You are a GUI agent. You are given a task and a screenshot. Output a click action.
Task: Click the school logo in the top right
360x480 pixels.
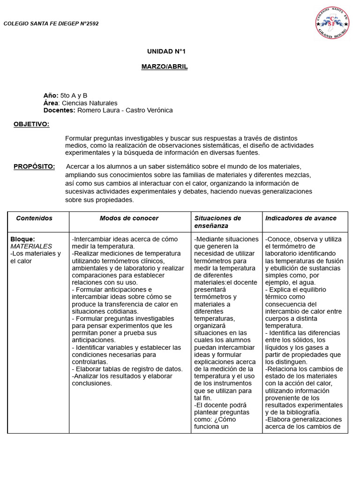(332, 23)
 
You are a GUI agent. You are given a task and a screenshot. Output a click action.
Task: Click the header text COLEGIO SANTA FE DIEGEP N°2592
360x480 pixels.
(51, 23)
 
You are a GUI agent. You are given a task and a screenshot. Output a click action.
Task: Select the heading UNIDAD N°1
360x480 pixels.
(163, 51)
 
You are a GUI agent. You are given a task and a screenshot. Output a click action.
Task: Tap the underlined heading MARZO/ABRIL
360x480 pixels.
(165, 67)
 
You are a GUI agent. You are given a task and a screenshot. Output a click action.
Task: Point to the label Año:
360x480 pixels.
(51, 95)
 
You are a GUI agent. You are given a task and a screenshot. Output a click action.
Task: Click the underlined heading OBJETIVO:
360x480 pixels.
(31, 124)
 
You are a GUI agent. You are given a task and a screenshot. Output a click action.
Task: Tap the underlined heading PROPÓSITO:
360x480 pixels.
(34, 166)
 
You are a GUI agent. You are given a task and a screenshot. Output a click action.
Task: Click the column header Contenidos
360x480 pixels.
(34, 218)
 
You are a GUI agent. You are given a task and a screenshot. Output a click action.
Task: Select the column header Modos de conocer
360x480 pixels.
(129, 218)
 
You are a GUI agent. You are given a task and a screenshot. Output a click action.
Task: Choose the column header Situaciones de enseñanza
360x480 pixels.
(217, 222)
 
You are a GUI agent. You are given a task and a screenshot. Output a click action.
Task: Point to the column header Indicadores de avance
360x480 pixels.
(301, 218)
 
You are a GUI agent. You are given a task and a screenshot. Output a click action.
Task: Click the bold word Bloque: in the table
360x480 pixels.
(22, 239)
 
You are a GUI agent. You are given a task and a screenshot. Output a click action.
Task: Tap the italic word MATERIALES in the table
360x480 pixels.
(31, 246)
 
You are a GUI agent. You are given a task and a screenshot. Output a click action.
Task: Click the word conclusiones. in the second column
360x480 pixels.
(92, 383)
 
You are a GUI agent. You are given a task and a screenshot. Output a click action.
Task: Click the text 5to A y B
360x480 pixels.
(74, 95)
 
